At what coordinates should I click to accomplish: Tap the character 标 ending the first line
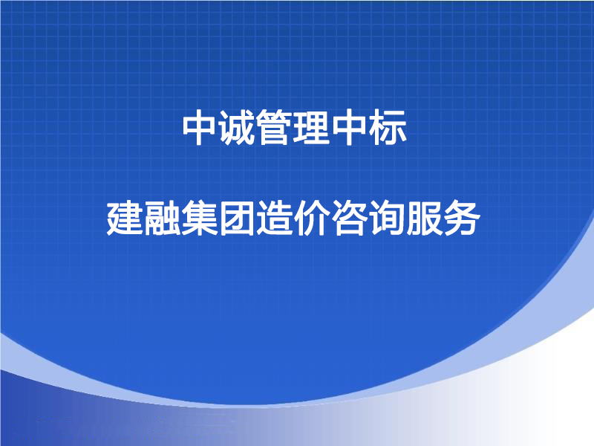point(389,127)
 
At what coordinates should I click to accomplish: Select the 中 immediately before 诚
point(200,127)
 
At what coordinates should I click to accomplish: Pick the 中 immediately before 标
point(351,127)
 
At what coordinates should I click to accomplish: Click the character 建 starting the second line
point(124,219)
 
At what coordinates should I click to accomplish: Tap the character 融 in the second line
point(162,219)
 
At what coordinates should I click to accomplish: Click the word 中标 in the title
point(371,127)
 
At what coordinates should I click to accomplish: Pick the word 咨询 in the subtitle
point(368,219)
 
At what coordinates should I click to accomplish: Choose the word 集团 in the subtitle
point(218,219)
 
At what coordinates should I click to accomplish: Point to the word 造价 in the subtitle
point(293,219)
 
